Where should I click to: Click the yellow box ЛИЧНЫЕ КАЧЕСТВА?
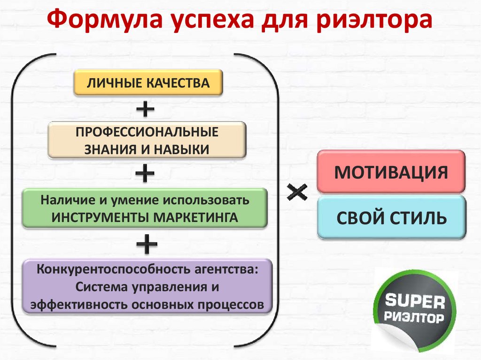(x=147, y=83)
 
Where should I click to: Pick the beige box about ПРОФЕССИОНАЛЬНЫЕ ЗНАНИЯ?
(x=147, y=140)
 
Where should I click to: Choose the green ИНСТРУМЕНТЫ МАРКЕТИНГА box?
(x=145, y=208)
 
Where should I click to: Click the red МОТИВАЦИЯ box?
(x=390, y=172)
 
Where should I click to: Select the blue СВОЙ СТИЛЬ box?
(x=390, y=218)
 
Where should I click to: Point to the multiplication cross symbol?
(x=297, y=191)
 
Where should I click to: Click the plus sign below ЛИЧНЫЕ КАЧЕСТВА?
(x=145, y=110)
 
